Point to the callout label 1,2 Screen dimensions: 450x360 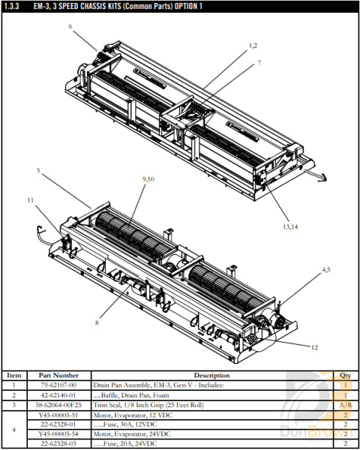(253, 46)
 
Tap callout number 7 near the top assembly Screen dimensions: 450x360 (259, 63)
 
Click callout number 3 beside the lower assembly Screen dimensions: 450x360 (37, 170)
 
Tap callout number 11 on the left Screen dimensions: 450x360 (31, 200)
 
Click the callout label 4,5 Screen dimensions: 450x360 (326, 268)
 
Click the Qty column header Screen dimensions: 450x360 (345, 375)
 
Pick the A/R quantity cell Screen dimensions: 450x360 (345, 404)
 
